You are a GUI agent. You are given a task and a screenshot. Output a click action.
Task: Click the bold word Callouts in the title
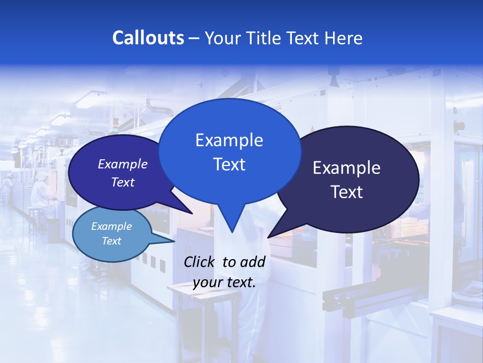coord(148,38)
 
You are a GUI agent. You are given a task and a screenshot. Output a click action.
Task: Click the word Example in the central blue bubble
coord(229,140)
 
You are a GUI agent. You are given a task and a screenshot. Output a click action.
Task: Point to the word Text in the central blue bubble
coord(229,164)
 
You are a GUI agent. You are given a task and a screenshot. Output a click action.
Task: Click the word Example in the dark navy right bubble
coord(347,168)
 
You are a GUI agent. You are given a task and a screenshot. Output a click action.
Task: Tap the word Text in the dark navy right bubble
coord(347,192)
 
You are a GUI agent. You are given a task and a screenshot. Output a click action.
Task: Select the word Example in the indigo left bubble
coord(123,164)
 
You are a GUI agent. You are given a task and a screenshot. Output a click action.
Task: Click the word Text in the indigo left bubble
coord(123,182)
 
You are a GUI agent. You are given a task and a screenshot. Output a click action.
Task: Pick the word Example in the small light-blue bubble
coord(112,226)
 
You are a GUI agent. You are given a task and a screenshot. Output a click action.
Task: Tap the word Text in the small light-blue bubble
coord(112,241)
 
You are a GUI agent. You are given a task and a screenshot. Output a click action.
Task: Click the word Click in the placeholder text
coord(200,262)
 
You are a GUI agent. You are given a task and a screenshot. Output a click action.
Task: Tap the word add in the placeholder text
coord(253,262)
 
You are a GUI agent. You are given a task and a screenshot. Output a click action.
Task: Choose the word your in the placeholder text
coord(207,282)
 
